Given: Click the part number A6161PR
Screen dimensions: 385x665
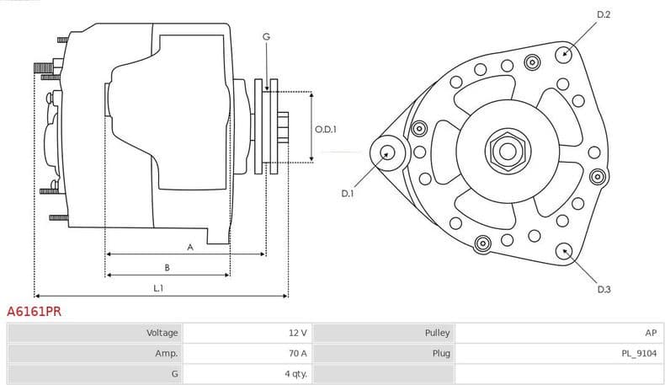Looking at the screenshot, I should [x=34, y=311].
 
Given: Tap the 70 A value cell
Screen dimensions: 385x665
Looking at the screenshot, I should [x=297, y=354].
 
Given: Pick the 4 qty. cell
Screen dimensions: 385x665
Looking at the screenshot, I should [x=295, y=374].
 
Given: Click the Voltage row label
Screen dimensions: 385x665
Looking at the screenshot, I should [x=162, y=333].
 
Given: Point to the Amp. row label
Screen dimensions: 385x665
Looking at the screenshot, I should [x=167, y=354].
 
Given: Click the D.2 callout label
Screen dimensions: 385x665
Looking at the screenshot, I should [x=603, y=15].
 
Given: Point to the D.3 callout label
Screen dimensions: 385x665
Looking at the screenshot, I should [x=604, y=290].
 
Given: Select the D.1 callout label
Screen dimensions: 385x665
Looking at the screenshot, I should [x=348, y=194].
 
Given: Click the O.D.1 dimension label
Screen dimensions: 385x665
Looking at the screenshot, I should [x=326, y=129].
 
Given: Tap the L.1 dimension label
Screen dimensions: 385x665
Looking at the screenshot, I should [x=157, y=288].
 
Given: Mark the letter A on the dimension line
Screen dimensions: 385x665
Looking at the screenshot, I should [x=190, y=247].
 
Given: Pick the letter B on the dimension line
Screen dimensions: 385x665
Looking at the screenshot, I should [x=167, y=268].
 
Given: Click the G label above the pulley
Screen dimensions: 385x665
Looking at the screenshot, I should [x=266, y=36].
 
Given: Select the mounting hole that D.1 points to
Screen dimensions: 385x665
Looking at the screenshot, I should [x=388, y=152].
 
